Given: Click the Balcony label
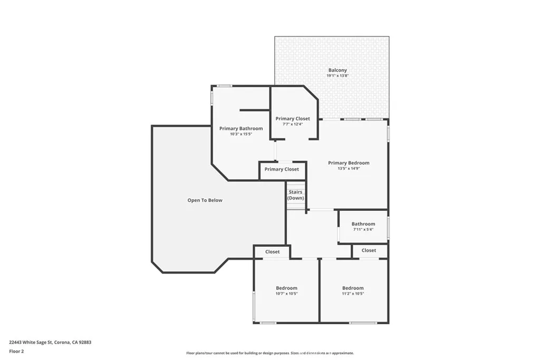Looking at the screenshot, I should point(337,70).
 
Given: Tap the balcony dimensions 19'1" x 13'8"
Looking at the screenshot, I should point(337,76).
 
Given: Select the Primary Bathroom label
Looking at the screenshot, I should point(241,129).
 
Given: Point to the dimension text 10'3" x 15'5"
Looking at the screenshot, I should point(241,134).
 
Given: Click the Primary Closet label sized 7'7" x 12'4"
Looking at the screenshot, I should point(293,119).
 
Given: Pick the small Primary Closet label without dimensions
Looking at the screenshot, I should point(282,169).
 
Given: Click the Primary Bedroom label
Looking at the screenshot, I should point(349,163).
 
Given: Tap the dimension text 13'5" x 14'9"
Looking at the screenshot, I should point(349,169).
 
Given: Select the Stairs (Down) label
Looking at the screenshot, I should point(296,195).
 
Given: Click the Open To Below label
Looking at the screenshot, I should point(205,200).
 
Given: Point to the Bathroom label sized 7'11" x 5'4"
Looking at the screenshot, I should point(363,224).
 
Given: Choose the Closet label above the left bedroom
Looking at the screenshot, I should point(273,252).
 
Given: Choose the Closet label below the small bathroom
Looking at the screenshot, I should point(369,250).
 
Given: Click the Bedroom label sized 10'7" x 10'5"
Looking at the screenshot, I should point(286,288).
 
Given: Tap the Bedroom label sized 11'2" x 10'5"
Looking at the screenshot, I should point(353,288).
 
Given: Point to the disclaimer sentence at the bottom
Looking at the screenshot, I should point(269,353).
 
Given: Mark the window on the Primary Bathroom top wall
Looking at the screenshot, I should point(225,86).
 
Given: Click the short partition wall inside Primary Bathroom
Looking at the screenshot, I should point(255,110).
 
